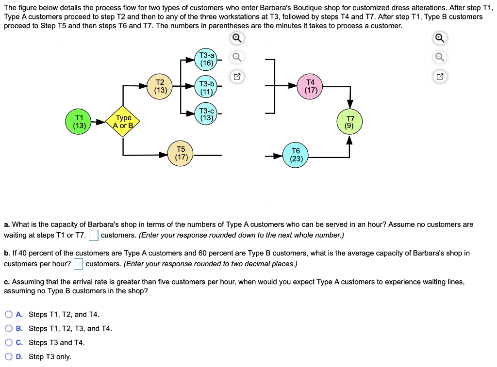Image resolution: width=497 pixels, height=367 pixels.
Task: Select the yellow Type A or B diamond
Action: tap(123, 122)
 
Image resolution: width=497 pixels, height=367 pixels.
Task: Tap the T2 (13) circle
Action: tap(160, 86)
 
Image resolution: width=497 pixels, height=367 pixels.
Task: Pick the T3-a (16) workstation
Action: tap(207, 59)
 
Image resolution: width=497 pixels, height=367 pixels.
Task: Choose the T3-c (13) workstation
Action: tap(207, 114)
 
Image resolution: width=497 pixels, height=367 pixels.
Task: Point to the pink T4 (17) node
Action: tap(311, 86)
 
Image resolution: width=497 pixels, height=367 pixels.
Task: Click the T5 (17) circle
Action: tap(182, 153)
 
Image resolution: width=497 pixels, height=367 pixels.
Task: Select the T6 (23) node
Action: tap(296, 155)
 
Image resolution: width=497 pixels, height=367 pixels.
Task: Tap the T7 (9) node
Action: tap(350, 122)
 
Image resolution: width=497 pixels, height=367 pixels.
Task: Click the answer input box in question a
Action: tap(94, 236)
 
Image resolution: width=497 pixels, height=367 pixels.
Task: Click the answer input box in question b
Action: tap(79, 264)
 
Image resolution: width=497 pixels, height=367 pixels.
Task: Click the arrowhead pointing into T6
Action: tap(278, 156)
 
